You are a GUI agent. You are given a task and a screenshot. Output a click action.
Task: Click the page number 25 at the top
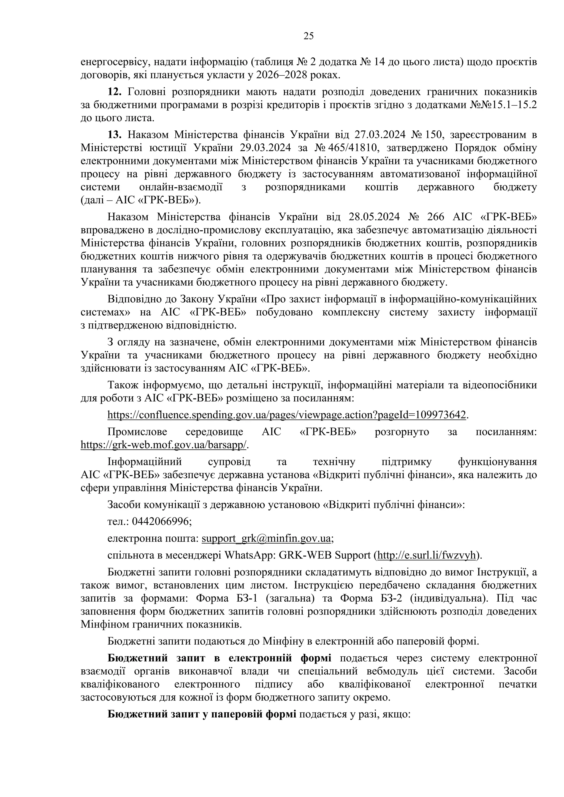point(308,36)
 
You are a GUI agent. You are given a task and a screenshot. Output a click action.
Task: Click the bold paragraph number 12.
point(114,92)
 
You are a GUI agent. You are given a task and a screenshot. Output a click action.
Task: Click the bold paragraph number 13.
point(114,135)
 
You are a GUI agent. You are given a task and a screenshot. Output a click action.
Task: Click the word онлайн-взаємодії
point(181,187)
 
